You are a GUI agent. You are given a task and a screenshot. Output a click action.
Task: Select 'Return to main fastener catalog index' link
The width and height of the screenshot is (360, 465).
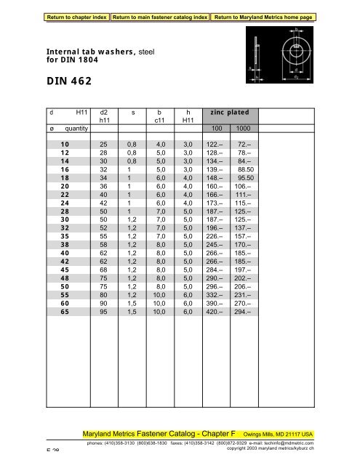click(x=159, y=8)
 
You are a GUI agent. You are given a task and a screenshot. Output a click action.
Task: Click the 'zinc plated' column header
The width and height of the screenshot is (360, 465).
click(x=228, y=113)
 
